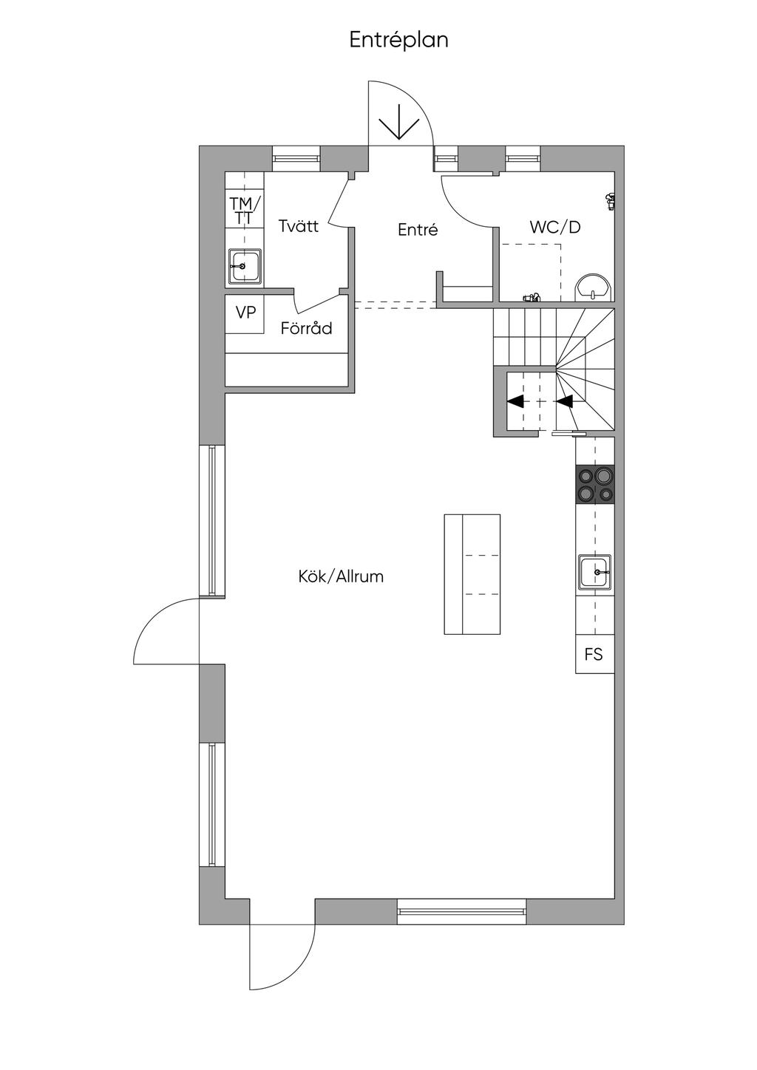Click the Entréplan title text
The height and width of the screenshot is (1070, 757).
tap(399, 40)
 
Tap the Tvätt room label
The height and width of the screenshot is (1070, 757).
tap(299, 225)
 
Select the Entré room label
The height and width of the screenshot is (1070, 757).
tap(418, 230)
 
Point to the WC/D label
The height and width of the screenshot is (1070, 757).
tap(555, 227)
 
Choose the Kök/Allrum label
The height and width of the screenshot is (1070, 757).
tap(341, 576)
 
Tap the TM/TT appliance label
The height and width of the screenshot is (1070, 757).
tap(245, 210)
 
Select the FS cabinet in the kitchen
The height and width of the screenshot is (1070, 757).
tap(594, 654)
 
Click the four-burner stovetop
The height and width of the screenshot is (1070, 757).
tap(595, 484)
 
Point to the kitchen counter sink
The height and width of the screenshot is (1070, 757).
tap(595, 572)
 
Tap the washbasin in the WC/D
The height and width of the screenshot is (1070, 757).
tap(593, 287)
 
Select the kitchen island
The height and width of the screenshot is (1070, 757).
tap(472, 574)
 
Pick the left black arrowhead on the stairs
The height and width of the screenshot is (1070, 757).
tap(515, 402)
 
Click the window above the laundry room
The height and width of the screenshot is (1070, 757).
tap(296, 158)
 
